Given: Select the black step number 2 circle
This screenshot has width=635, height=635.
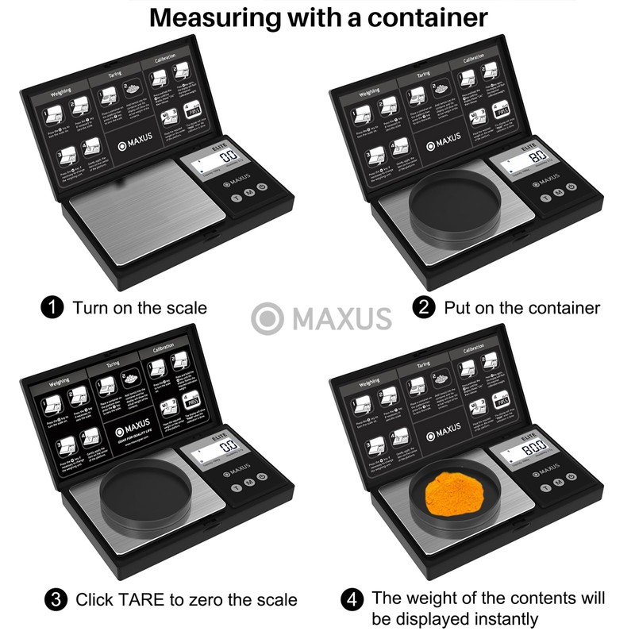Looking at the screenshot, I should point(425,307).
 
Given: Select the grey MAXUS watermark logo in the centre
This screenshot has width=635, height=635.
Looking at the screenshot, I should point(321,318).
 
